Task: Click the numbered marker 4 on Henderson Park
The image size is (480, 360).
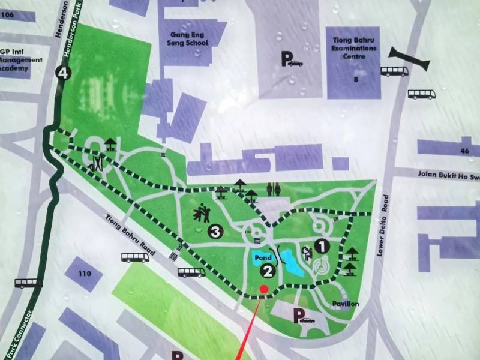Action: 62,74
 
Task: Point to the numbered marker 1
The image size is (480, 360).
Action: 322,245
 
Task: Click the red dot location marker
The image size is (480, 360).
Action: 263,290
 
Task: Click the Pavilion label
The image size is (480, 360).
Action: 346,304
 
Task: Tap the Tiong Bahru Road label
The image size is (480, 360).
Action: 131,235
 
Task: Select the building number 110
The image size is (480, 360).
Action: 83,274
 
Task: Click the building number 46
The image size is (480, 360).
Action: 464,151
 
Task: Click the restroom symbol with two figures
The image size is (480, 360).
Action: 274,189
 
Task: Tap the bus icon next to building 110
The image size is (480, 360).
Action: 136,257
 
